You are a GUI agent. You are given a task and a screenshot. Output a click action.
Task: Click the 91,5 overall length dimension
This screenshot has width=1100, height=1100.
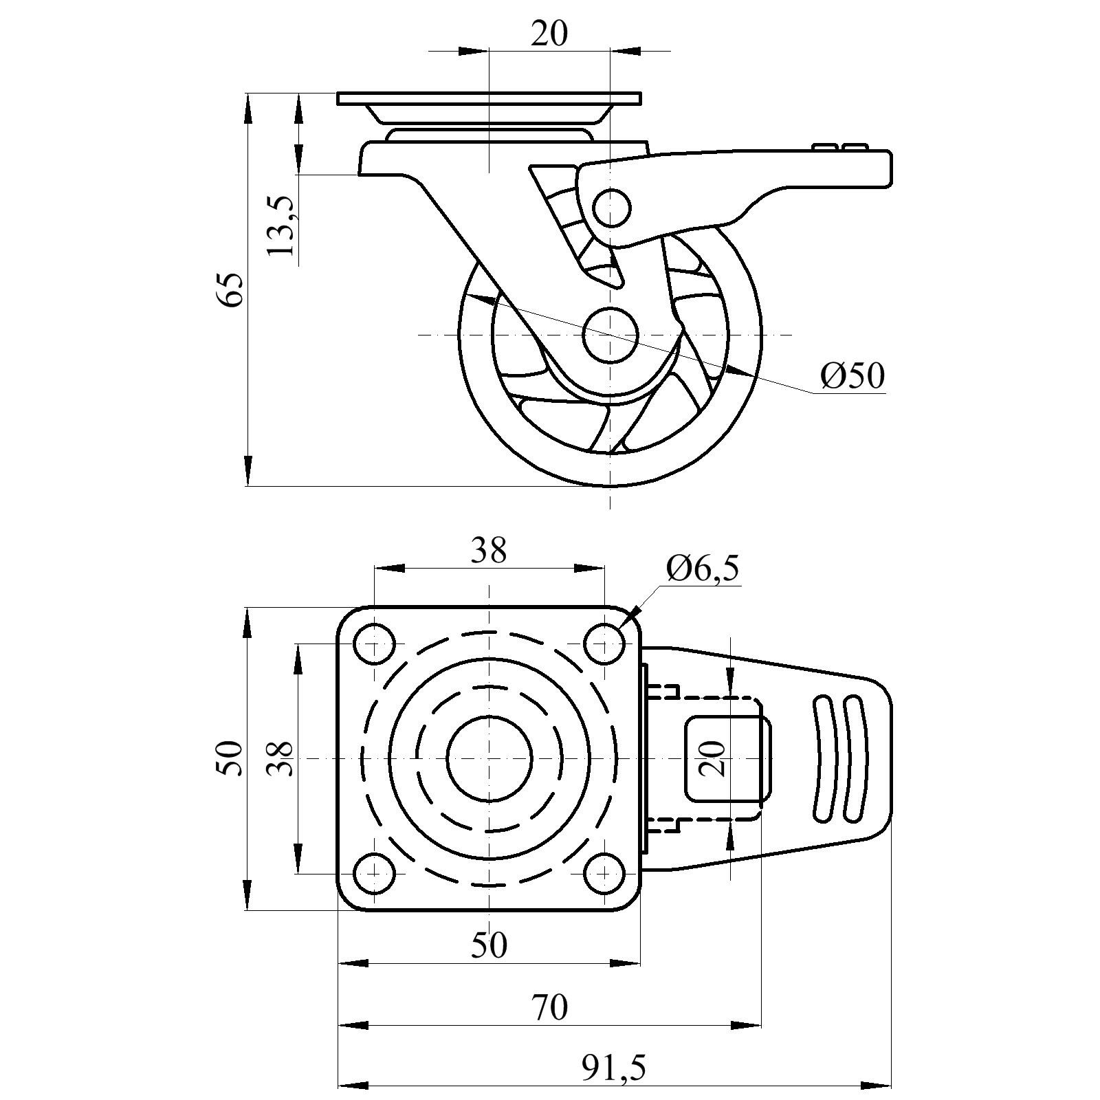click(614, 1068)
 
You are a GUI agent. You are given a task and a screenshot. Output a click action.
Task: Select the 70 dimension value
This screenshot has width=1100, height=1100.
click(549, 1008)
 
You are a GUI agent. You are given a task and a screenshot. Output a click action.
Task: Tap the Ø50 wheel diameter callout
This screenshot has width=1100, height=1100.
click(852, 375)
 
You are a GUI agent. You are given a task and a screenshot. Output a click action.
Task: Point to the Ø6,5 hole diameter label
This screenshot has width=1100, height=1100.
click(703, 569)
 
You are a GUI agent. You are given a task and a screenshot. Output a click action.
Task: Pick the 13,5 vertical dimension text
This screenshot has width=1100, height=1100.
click(281, 225)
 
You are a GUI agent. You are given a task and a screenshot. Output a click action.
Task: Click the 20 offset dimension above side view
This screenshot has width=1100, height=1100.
click(549, 33)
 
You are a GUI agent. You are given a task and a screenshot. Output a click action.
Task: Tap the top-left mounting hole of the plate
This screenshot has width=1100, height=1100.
click(374, 645)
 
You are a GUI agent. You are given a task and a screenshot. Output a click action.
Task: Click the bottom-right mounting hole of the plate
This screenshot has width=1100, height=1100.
click(604, 873)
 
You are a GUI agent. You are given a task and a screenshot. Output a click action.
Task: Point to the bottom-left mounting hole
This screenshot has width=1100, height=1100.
click(374, 873)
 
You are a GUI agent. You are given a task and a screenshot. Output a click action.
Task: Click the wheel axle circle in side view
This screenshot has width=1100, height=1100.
click(610, 335)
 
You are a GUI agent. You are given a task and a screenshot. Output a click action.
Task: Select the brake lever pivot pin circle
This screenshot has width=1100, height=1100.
click(611, 208)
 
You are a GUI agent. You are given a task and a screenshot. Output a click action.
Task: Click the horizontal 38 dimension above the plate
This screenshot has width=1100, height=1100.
click(489, 551)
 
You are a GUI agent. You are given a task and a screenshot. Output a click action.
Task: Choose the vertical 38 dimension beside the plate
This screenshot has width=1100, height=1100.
click(280, 758)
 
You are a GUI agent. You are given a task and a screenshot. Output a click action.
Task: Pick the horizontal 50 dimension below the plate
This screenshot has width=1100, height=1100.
click(489, 945)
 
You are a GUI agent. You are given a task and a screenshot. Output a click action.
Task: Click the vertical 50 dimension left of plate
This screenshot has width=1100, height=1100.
click(230, 758)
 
